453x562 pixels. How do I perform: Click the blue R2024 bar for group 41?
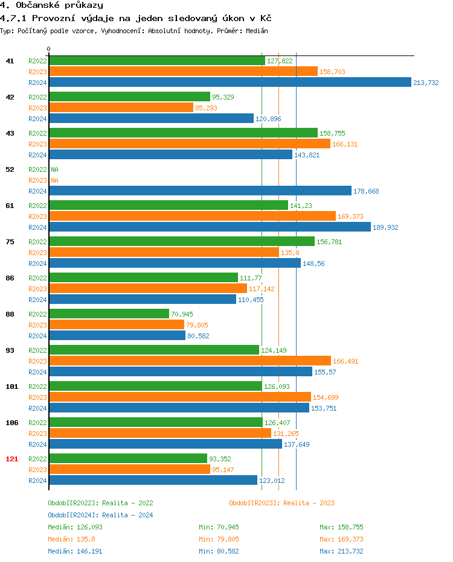coord(230,83)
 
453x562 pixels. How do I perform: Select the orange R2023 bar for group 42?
coord(121,108)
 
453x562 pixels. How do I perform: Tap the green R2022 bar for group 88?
coord(109,314)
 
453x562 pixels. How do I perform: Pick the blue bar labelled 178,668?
coord(200,191)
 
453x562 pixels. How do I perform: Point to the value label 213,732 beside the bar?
coord(426,83)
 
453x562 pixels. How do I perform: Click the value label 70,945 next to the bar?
coord(183,314)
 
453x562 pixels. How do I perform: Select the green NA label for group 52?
coord(54,169)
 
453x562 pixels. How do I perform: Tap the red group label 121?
coord(11,459)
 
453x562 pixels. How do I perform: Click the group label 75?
coord(10,242)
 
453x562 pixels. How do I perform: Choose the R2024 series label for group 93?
coord(37,372)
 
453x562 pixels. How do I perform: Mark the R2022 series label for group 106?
coord(37,423)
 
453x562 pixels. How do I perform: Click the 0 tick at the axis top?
coord(49,49)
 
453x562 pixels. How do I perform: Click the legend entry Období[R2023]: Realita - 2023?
coord(281,503)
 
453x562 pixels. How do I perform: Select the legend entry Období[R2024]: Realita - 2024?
coord(100,515)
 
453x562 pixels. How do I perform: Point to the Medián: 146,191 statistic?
coord(70,551)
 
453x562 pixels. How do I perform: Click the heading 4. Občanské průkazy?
coord(51,5)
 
